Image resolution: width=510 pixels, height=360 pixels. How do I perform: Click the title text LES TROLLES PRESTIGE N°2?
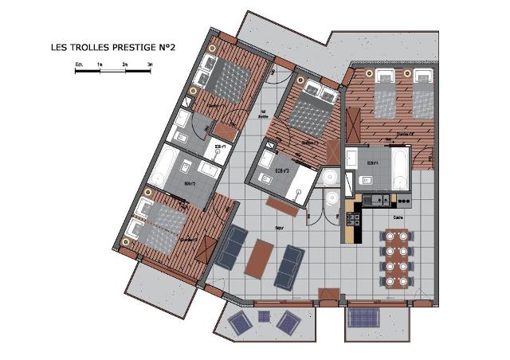pyautogui.click(x=112, y=49)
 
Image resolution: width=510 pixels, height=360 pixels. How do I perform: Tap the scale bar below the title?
pyautogui.click(x=112, y=72)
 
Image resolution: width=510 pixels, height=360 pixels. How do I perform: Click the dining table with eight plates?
pyautogui.click(x=396, y=257)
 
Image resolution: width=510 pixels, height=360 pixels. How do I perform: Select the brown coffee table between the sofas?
pyautogui.click(x=260, y=260)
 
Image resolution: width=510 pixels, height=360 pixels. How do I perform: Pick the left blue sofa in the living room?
pyautogui.click(x=231, y=248)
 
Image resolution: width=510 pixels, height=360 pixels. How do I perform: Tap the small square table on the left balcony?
pyautogui.click(x=264, y=317)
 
